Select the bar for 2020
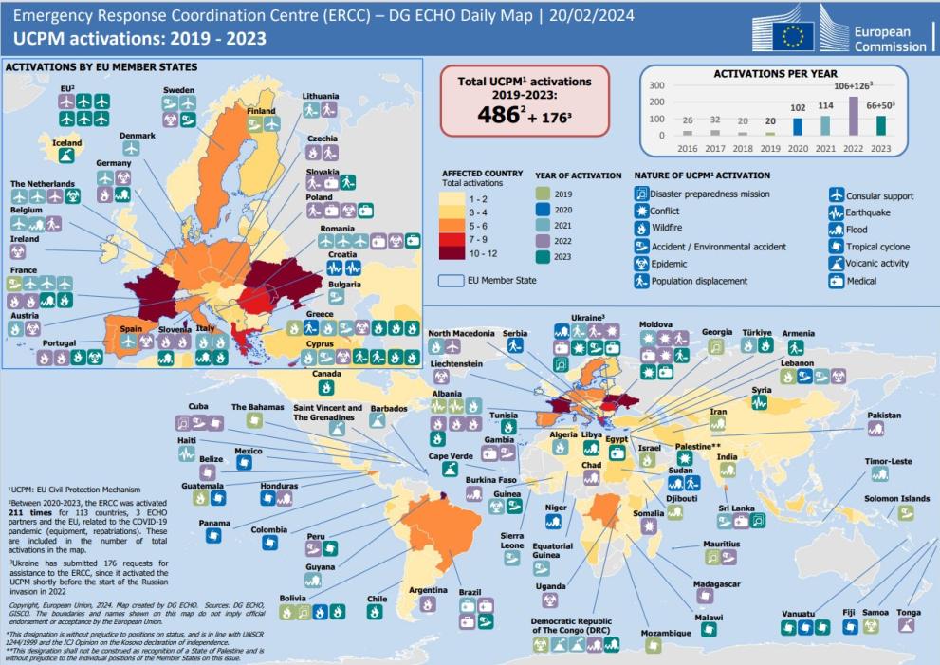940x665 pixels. tap(797, 126)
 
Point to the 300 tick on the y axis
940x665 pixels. tap(656, 85)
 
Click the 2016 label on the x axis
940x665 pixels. tap(687, 148)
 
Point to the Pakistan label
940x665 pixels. tap(884, 415)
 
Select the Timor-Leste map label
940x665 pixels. tap(888, 461)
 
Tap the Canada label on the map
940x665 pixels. tap(326, 373)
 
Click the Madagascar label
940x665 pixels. tap(716, 583)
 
